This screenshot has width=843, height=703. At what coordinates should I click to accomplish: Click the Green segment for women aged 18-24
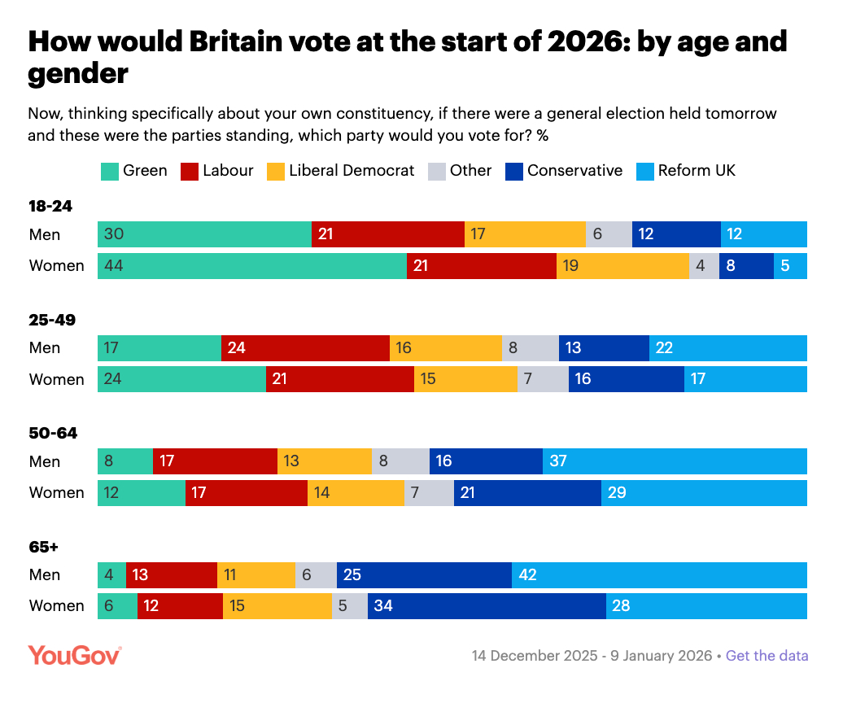click(252, 266)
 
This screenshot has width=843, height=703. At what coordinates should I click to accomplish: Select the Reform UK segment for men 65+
click(659, 575)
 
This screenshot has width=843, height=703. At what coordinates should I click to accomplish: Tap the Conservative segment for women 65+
click(487, 606)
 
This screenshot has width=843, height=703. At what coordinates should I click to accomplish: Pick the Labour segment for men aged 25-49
click(305, 348)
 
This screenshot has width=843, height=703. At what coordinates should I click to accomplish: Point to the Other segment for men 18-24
click(609, 234)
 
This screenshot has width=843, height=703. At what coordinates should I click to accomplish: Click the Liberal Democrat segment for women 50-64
click(356, 493)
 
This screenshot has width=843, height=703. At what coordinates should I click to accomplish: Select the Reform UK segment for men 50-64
click(675, 461)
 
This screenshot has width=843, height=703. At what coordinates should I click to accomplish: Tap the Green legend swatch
click(109, 172)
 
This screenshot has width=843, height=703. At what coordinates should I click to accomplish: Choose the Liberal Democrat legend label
click(352, 171)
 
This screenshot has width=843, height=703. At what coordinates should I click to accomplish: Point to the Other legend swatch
click(436, 172)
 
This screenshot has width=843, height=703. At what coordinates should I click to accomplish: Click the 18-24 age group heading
click(50, 207)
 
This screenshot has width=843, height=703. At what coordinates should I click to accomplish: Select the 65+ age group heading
click(45, 548)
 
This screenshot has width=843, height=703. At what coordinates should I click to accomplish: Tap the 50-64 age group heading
click(53, 434)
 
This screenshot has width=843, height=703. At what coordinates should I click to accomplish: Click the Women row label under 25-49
click(56, 380)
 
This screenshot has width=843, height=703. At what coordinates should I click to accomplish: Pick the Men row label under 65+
click(45, 575)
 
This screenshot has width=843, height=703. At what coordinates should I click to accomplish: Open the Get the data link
click(767, 656)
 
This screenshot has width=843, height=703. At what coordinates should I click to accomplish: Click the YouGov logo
click(75, 655)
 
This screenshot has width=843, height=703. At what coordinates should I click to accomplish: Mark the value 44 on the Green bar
click(114, 266)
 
